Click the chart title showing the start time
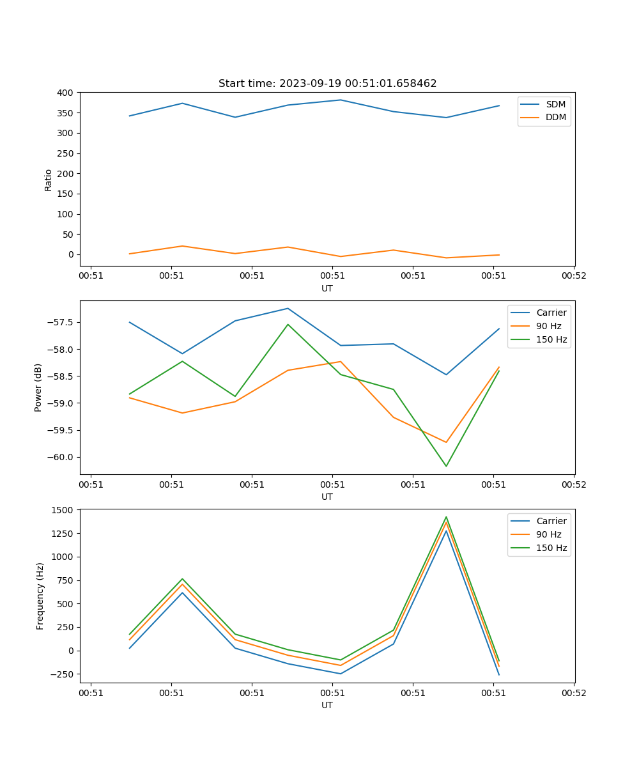[x=327, y=84]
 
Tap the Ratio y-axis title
[x=49, y=180]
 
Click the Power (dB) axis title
[x=38, y=387]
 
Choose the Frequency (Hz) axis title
[x=40, y=596]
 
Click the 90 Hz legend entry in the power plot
[x=549, y=326]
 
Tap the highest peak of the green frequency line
[x=446, y=516]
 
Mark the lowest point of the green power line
[x=446, y=466]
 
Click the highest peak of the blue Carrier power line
[x=288, y=309]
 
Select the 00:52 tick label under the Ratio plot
[x=573, y=276]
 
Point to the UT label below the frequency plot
[x=327, y=705]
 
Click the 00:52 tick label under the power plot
[x=573, y=484]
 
